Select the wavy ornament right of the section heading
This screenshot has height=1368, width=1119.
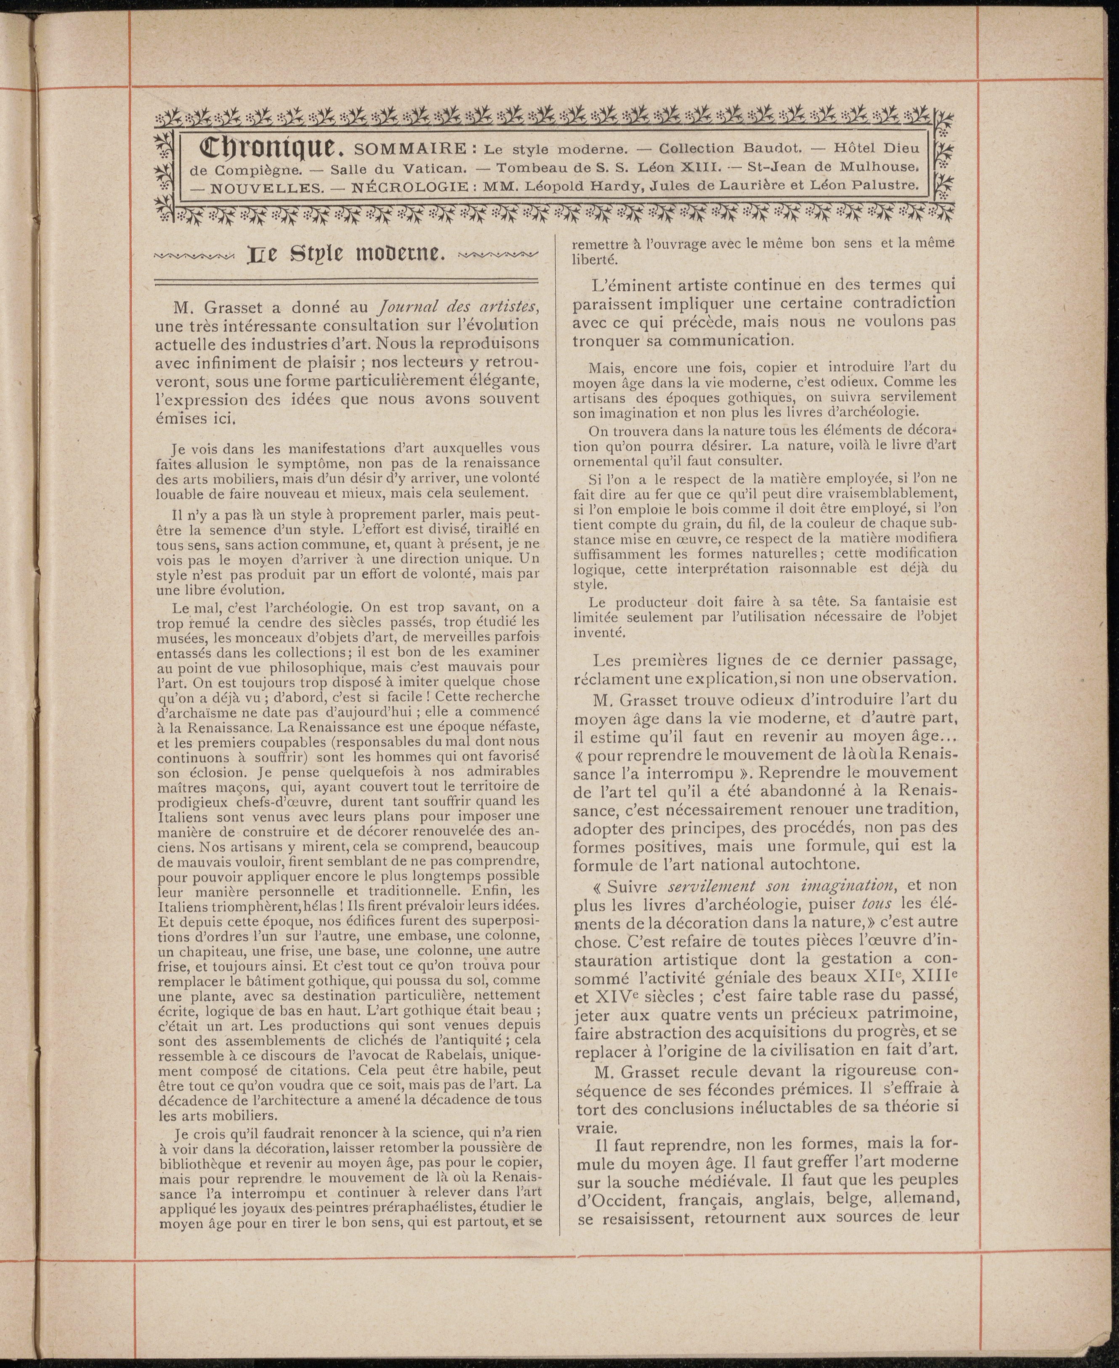point(496,256)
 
